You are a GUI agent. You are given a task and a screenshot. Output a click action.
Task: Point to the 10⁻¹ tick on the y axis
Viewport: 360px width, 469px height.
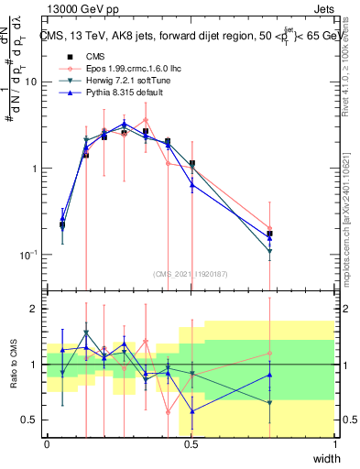pyautogui.click(x=27, y=255)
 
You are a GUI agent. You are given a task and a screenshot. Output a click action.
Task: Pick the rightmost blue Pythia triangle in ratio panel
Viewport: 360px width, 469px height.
pyautogui.click(x=270, y=375)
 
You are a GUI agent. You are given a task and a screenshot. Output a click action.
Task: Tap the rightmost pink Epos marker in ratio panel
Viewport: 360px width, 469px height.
pyautogui.click(x=270, y=354)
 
